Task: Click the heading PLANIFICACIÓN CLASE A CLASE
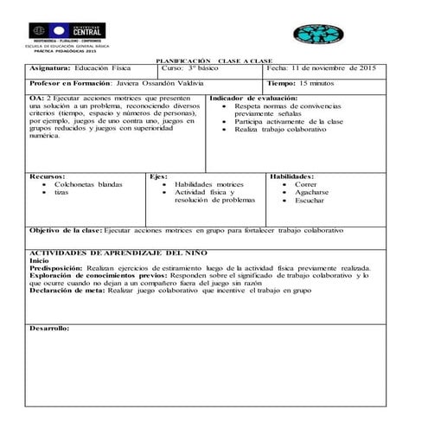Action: [x=213, y=61]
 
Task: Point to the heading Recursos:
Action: [x=47, y=176]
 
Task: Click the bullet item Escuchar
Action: [x=309, y=201]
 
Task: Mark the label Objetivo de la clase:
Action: [x=66, y=231]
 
